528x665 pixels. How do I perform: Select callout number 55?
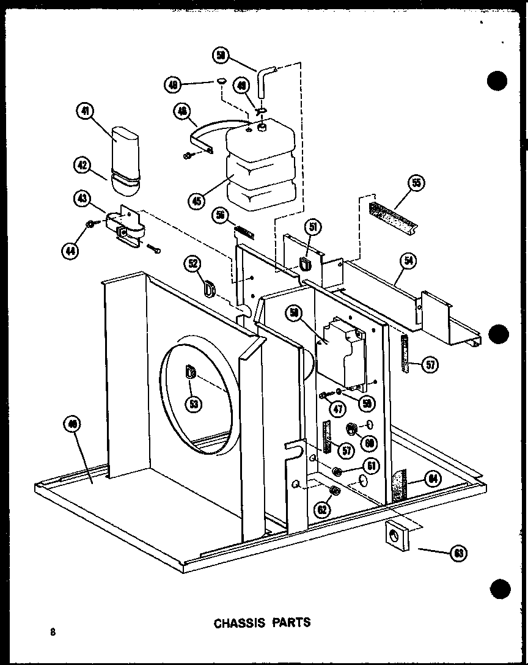point(416,183)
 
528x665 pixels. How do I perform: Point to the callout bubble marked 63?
point(457,553)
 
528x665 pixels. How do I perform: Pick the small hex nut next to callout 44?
point(90,224)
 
